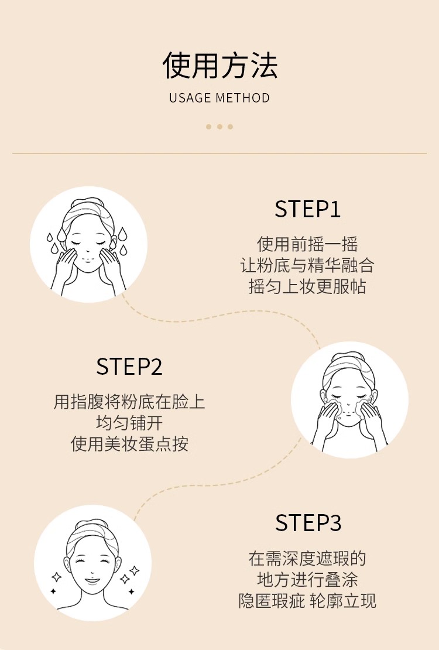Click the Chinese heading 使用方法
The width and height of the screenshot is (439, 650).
click(x=220, y=65)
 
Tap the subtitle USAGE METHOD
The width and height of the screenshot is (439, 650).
click(x=220, y=98)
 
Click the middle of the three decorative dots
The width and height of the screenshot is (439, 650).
click(x=220, y=126)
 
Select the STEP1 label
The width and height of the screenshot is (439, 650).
click(x=307, y=209)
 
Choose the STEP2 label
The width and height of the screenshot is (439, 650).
click(x=129, y=367)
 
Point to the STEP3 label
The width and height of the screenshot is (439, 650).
click(x=308, y=523)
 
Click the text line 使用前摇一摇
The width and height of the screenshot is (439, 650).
click(x=307, y=244)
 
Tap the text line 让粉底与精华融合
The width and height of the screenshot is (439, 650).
click(x=307, y=266)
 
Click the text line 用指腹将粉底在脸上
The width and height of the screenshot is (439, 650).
click(x=129, y=402)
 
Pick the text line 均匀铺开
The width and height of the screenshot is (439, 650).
click(x=129, y=423)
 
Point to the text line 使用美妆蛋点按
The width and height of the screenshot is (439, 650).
click(x=129, y=444)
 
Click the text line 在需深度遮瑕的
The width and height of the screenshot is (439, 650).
click(x=307, y=558)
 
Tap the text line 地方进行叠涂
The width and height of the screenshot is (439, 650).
click(x=307, y=579)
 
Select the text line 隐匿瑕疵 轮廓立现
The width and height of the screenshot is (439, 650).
click(x=307, y=601)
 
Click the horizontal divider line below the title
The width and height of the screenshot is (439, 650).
click(x=220, y=153)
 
